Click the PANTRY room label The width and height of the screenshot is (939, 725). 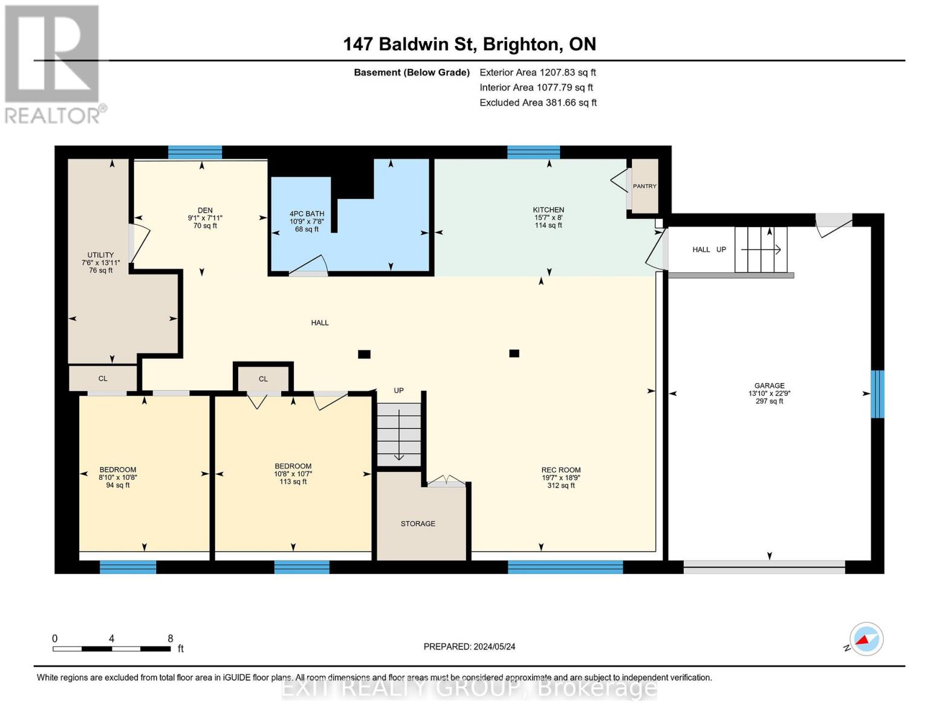[645, 186]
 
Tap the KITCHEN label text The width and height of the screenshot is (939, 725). [548, 210]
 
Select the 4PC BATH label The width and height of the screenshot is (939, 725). [307, 214]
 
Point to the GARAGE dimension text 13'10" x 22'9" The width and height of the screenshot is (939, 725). [769, 393]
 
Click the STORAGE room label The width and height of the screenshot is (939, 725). [418, 524]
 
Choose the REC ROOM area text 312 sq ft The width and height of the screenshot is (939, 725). [561, 485]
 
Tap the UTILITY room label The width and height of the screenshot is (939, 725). [101, 255]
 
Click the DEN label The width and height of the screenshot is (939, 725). [205, 210]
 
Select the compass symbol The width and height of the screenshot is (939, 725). [866, 639]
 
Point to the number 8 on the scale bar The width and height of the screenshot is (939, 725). [171, 638]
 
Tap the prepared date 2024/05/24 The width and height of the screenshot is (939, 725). [495, 647]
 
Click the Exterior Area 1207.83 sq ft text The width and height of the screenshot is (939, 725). [538, 72]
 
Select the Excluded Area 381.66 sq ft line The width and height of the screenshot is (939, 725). [538, 103]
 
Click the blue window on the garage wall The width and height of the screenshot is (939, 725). [877, 394]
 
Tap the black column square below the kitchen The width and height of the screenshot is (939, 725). [514, 353]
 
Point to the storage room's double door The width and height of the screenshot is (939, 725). [446, 481]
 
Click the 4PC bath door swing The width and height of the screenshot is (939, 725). [308, 266]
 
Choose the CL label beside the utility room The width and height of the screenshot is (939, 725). [103, 379]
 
